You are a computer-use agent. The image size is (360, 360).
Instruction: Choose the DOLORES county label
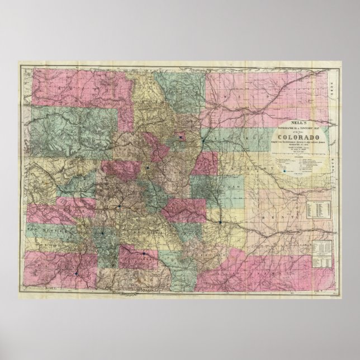pyautogui.click(x=39, y=244)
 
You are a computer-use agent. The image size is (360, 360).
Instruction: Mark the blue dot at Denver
pyautogui.click(x=182, y=136)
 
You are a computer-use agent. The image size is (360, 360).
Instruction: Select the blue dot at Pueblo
pyautogui.click(x=220, y=223)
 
